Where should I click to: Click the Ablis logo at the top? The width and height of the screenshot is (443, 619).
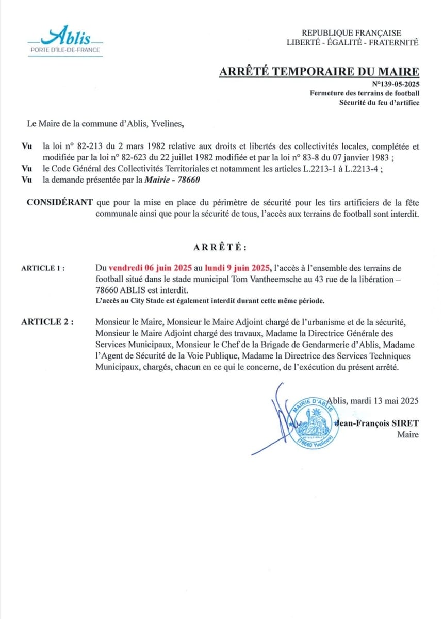coord(65,39)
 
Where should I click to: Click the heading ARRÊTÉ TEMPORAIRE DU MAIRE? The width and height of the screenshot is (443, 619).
coord(319,72)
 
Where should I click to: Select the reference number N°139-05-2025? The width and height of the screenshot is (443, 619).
coord(396,84)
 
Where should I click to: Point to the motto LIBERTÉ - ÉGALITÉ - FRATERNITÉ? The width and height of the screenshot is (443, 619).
coord(353,43)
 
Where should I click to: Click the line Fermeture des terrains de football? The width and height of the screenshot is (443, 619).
coord(365,93)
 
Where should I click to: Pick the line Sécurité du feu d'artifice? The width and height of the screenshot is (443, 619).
coord(379,103)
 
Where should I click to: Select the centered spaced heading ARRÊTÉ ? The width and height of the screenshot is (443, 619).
coord(220,248)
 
